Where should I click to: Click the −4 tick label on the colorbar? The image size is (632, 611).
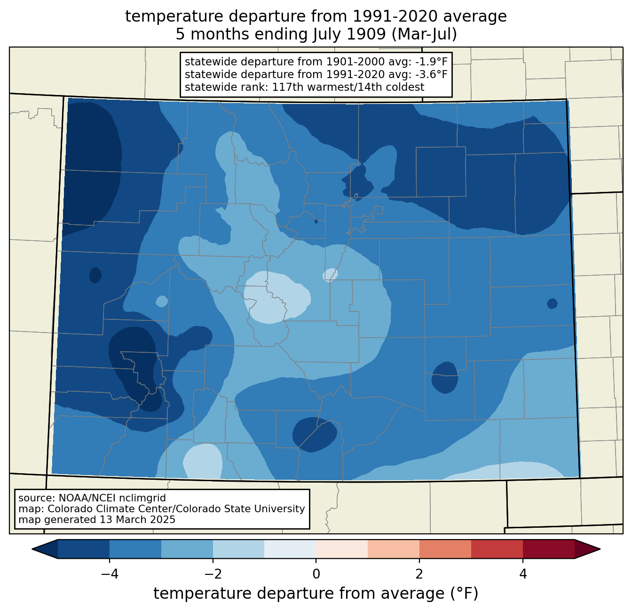click(110, 574)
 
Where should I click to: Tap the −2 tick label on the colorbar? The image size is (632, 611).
click(213, 574)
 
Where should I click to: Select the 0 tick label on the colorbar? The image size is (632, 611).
click(316, 574)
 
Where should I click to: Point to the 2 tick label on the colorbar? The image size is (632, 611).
click(419, 574)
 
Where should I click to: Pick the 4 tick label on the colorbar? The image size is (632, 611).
click(523, 574)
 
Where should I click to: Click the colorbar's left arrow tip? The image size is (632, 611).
click(32, 549)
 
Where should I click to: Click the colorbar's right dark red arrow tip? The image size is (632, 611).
click(600, 549)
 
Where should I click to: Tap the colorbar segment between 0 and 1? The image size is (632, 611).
click(342, 549)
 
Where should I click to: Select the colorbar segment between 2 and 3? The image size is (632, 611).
click(445, 549)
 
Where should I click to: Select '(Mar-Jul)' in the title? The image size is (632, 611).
click(425, 34)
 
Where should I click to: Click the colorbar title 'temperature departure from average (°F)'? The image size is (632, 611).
click(316, 594)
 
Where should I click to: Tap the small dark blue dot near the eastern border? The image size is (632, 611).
click(552, 304)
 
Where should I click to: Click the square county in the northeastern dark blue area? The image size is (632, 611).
click(441, 172)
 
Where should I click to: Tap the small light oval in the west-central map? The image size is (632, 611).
click(162, 302)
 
